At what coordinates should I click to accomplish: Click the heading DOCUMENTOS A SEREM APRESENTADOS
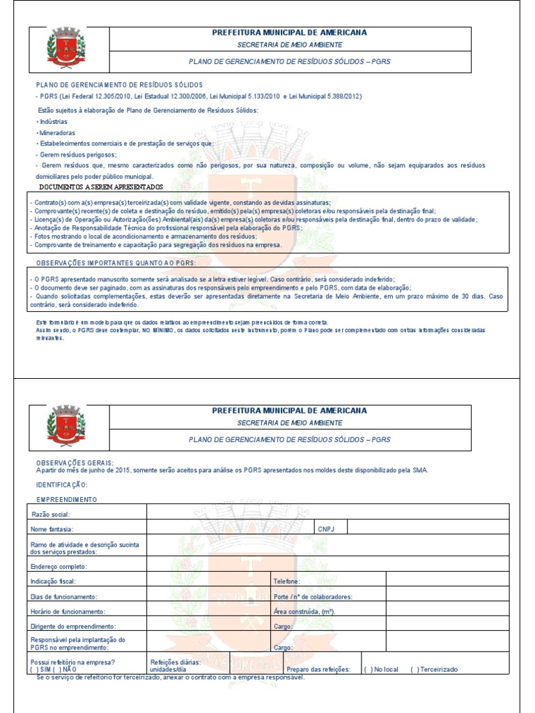tap(101, 187)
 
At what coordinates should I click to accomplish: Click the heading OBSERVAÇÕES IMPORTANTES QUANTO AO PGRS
tap(116, 263)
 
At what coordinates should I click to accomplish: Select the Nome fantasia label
tap(53, 529)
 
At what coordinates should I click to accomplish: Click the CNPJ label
tap(327, 528)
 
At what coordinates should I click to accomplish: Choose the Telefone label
tap(287, 581)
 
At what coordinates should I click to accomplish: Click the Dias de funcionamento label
tap(64, 597)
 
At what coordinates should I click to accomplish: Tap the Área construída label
tap(304, 611)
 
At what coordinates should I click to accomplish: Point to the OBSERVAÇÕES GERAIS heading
tap(75, 462)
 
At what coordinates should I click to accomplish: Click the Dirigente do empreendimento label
tap(73, 627)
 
